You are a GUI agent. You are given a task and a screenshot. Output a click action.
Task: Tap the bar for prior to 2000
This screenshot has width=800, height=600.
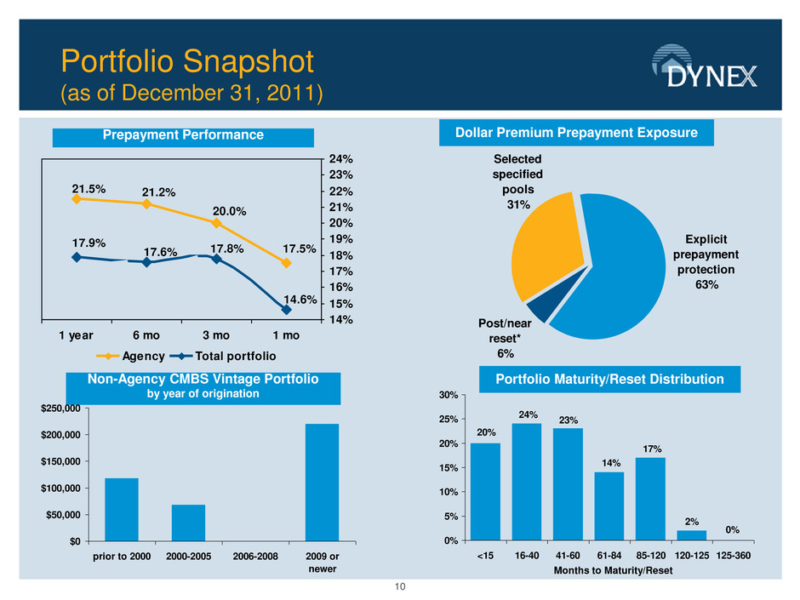tap(121, 509)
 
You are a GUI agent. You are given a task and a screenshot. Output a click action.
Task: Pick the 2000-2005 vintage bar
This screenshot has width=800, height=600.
tap(188, 523)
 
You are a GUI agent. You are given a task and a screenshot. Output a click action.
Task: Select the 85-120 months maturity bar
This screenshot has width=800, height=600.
tap(650, 499)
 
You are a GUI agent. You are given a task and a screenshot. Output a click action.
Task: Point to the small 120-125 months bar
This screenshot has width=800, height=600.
tap(692, 535)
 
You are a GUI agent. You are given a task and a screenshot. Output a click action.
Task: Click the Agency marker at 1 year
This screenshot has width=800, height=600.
tap(77, 199)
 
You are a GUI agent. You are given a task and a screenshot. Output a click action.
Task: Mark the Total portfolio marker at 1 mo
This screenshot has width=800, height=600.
tap(287, 310)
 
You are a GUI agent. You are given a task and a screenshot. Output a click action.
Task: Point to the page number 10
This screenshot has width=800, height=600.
tap(400, 588)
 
